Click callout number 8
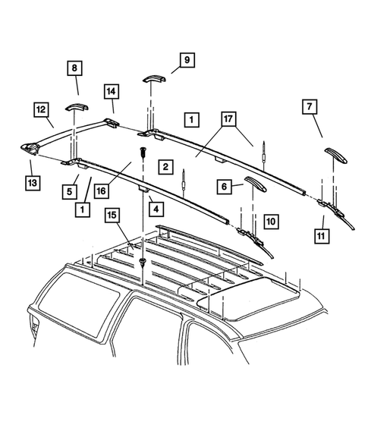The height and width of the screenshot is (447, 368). coord(74,68)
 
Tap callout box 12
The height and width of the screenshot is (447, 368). coord(40,111)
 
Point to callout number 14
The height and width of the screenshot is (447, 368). coord(111,93)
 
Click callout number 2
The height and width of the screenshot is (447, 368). coord(162,165)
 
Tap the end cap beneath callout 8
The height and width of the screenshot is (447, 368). coord(75,105)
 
